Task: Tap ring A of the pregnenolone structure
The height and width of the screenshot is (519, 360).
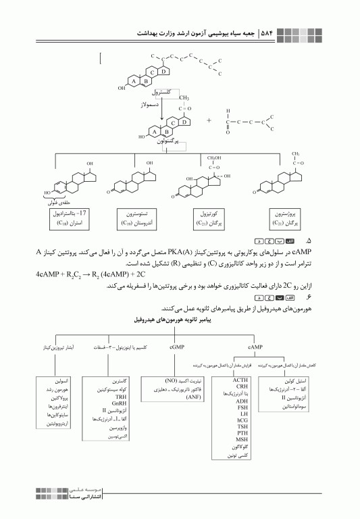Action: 155,131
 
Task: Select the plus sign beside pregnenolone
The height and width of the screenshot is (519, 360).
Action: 209,121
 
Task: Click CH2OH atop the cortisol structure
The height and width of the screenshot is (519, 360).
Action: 214,157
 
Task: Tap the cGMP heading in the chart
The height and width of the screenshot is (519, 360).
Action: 176,346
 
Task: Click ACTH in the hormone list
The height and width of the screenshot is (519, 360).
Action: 241,380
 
